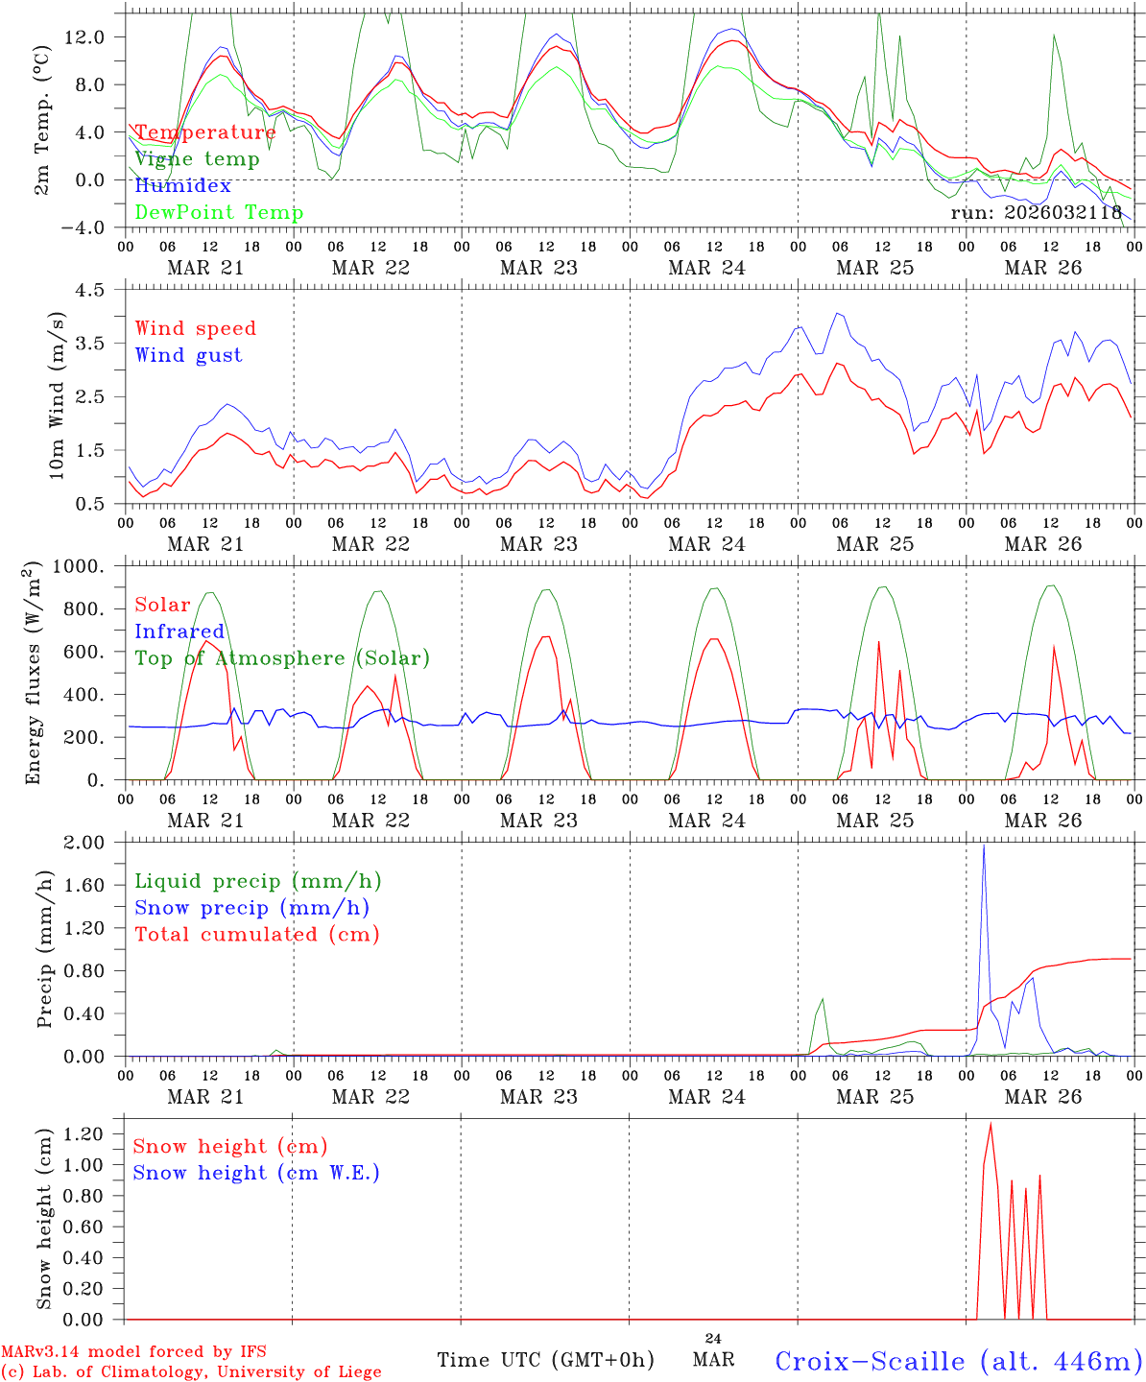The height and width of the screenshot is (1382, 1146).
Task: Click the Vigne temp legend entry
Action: click(197, 159)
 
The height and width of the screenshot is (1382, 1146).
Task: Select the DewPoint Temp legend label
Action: click(219, 212)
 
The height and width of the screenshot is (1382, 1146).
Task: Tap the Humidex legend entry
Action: click(182, 185)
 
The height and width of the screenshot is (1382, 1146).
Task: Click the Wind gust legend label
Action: click(188, 355)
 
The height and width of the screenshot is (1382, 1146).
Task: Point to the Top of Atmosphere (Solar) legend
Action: click(282, 658)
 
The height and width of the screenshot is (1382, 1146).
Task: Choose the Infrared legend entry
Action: click(179, 631)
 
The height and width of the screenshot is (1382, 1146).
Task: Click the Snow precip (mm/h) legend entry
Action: click(251, 908)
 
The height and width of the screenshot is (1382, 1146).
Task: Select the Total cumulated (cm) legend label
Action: click(257, 934)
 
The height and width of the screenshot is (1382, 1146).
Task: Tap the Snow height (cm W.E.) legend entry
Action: click(256, 1173)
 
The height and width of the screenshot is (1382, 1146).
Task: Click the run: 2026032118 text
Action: click(1036, 212)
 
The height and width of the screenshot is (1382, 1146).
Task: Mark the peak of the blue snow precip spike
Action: click(983, 846)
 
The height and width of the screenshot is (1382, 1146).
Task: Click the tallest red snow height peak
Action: click(991, 1123)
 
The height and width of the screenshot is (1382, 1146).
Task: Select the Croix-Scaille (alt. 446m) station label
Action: click(958, 1361)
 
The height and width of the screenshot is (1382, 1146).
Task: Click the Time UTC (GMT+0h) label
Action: click(545, 1360)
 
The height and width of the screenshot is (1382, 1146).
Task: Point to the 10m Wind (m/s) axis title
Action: click(57, 395)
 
